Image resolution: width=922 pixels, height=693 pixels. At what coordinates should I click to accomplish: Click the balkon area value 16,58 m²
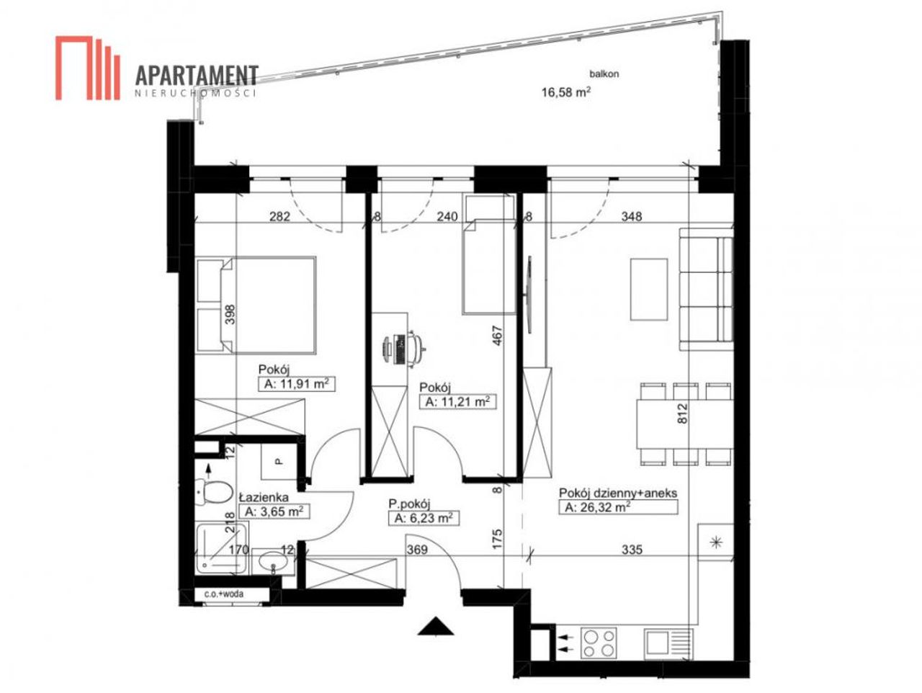pyautogui.click(x=565, y=91)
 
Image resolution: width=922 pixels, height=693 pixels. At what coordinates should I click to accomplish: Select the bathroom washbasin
pyautogui.click(x=272, y=562)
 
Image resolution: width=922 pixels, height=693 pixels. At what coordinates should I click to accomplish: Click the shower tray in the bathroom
pyautogui.click(x=222, y=547)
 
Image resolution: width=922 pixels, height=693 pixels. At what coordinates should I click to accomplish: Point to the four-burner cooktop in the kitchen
pyautogui.click(x=598, y=643)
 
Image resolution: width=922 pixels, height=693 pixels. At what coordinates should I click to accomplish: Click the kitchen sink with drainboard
pyautogui.click(x=668, y=643)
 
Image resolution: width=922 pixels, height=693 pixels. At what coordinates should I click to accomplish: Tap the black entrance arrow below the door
pyautogui.click(x=436, y=625)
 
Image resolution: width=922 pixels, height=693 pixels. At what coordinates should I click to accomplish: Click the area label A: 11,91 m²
pyautogui.click(x=296, y=383)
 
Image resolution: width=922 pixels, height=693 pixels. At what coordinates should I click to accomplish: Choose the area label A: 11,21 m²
pyautogui.click(x=457, y=401)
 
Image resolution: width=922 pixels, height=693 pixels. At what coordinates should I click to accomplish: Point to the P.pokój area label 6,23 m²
pyautogui.click(x=424, y=518)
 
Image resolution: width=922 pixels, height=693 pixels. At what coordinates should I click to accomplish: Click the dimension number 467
pyautogui.click(x=497, y=336)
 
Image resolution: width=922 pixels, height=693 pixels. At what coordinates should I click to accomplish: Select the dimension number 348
pyautogui.click(x=631, y=216)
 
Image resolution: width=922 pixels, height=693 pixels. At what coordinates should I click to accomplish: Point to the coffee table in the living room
pyautogui.click(x=648, y=290)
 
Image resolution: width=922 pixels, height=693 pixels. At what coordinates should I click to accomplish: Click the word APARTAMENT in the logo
pyautogui.click(x=197, y=76)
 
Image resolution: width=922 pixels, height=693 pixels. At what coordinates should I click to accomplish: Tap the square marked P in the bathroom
pyautogui.click(x=279, y=462)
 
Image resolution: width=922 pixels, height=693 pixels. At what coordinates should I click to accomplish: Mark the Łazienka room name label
pyautogui.click(x=264, y=497)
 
